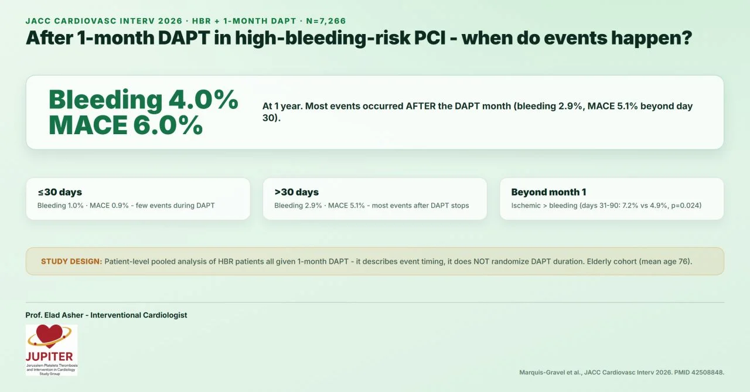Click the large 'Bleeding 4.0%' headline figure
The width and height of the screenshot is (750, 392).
click(x=144, y=100)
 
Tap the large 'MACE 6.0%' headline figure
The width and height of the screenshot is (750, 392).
click(x=125, y=125)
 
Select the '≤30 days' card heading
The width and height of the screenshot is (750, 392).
click(x=60, y=192)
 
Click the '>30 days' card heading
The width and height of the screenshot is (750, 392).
click(x=296, y=192)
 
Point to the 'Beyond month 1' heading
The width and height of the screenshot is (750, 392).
click(x=548, y=192)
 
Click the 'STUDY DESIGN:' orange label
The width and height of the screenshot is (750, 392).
click(x=71, y=261)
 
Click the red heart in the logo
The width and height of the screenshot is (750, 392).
click(x=50, y=334)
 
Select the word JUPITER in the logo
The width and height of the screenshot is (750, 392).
click(x=50, y=356)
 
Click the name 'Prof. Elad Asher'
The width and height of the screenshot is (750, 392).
click(x=54, y=315)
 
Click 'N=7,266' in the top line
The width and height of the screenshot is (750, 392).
click(x=326, y=21)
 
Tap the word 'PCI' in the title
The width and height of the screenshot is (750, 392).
click(x=430, y=38)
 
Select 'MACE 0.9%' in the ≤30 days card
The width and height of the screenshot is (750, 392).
click(x=109, y=206)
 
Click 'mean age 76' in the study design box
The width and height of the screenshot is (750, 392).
click(x=664, y=261)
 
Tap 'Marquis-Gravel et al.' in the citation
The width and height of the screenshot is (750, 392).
click(x=550, y=372)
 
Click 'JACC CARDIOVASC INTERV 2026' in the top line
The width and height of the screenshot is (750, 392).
click(x=104, y=21)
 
